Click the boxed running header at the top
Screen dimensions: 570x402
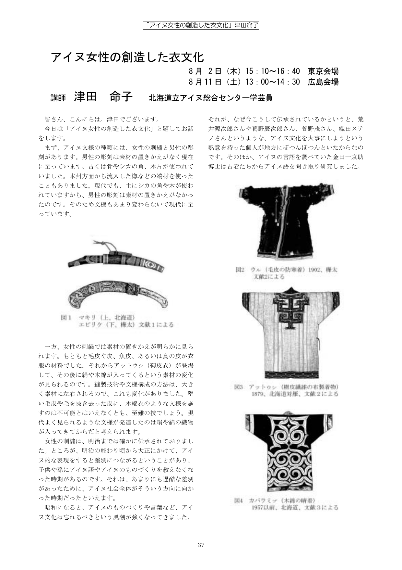click(x=201, y=25)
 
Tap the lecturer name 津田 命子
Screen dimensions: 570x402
click(x=103, y=96)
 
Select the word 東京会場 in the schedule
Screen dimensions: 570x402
click(x=323, y=71)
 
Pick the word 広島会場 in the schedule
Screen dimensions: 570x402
click(x=323, y=82)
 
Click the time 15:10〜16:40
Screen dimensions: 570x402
click(x=273, y=71)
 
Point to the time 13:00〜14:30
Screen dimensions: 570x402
click(x=273, y=82)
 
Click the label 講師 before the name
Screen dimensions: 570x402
click(x=58, y=98)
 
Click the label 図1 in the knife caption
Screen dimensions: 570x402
click(x=66, y=317)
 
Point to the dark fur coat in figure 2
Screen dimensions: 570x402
click(x=285, y=221)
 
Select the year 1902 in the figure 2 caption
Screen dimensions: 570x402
click(x=315, y=270)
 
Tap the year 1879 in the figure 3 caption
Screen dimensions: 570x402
click(x=258, y=394)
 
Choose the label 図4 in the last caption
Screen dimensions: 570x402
click(x=239, y=500)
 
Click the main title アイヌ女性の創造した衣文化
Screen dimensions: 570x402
click(x=127, y=57)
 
